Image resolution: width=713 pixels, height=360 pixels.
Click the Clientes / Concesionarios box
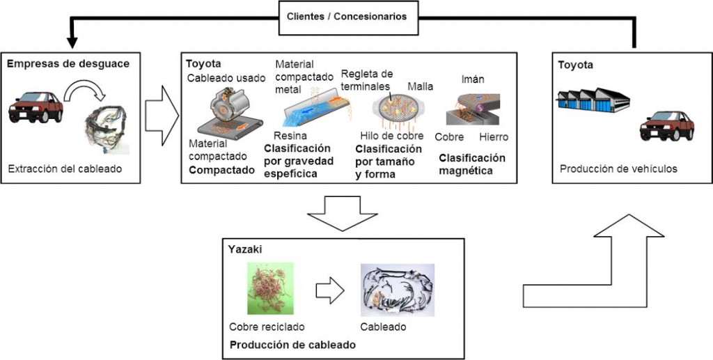[x=348, y=17]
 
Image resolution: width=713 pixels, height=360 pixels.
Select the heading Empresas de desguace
[x=68, y=64]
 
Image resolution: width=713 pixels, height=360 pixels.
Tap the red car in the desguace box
[x=36, y=107]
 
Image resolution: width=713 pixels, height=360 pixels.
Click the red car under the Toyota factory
[x=666, y=125]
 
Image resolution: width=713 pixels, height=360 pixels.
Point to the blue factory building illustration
[x=593, y=100]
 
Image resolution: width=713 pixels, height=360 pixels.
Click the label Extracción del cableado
[x=65, y=169]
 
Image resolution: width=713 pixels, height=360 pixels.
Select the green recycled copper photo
[x=270, y=288]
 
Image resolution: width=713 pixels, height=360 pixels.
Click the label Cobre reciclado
[x=267, y=327]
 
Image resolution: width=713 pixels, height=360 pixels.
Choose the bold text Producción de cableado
[x=292, y=345]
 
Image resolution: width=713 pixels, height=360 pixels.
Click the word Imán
[x=473, y=79]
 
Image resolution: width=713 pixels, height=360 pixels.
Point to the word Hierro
[x=494, y=136]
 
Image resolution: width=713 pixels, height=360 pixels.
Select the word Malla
[x=420, y=86]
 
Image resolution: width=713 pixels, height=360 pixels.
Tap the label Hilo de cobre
[x=391, y=136]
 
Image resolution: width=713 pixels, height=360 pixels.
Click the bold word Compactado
[x=221, y=171]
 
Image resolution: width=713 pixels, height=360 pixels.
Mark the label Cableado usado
[x=226, y=78]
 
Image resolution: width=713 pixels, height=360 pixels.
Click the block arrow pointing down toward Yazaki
[x=343, y=214]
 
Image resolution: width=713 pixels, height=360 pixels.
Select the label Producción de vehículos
[x=618, y=169]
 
